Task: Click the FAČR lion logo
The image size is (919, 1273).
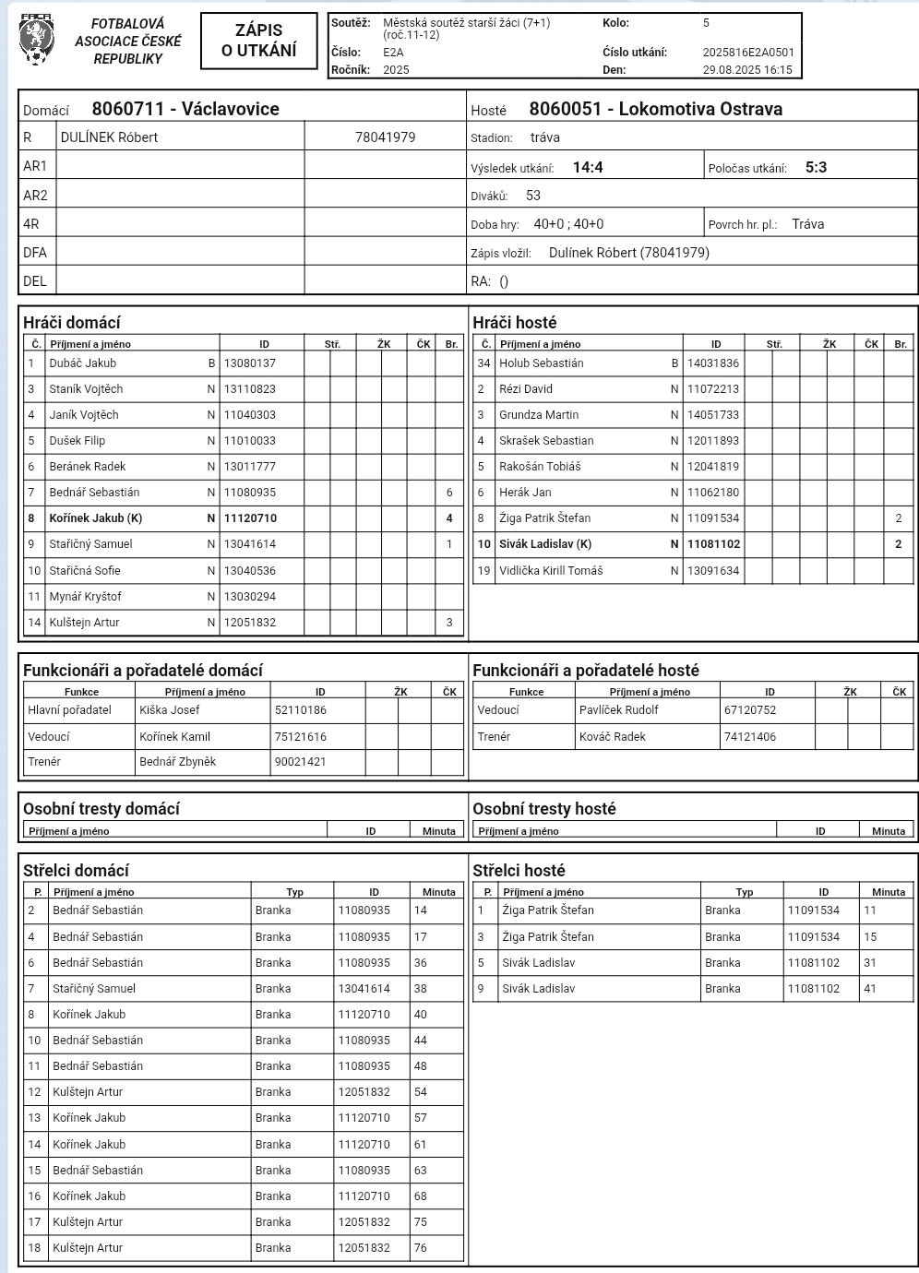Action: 35,40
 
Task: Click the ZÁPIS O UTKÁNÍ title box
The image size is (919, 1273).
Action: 259,41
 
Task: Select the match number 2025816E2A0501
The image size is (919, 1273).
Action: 748,53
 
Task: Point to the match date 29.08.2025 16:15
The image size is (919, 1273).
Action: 747,69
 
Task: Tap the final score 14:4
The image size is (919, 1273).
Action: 588,168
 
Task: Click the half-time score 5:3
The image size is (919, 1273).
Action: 816,168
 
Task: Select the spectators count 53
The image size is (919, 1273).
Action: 533,196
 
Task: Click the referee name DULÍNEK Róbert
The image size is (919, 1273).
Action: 109,137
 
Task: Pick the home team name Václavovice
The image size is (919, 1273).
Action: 230,109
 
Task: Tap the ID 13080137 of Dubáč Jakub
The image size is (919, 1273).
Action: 250,363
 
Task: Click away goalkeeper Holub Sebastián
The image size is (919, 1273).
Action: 542,363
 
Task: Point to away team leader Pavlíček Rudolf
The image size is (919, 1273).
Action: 619,710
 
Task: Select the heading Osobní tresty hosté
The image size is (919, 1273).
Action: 544,809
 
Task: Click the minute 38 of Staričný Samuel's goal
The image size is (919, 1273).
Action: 421,988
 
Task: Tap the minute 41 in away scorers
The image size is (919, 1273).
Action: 870,988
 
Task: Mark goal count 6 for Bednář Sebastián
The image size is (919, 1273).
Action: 449,493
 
